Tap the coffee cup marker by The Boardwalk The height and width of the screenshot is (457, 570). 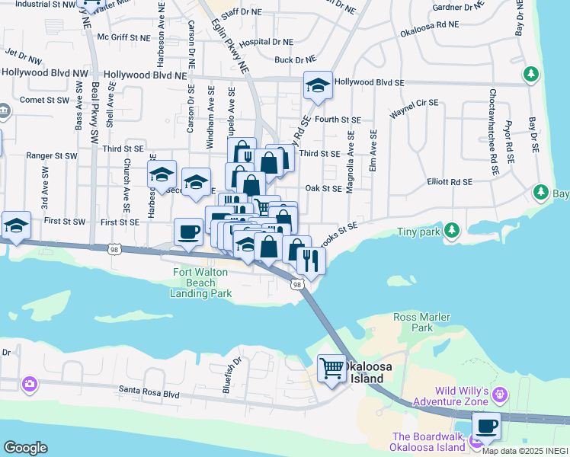point(486,425)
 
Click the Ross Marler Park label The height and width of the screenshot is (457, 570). point(421,322)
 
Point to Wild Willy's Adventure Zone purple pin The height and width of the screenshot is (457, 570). point(500,394)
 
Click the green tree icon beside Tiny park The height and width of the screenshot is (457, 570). point(452,229)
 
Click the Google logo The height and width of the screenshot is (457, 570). point(25,448)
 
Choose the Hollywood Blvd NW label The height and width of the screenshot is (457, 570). point(44,73)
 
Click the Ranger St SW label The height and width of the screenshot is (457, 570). point(52,155)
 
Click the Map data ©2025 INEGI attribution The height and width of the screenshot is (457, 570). point(525,451)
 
